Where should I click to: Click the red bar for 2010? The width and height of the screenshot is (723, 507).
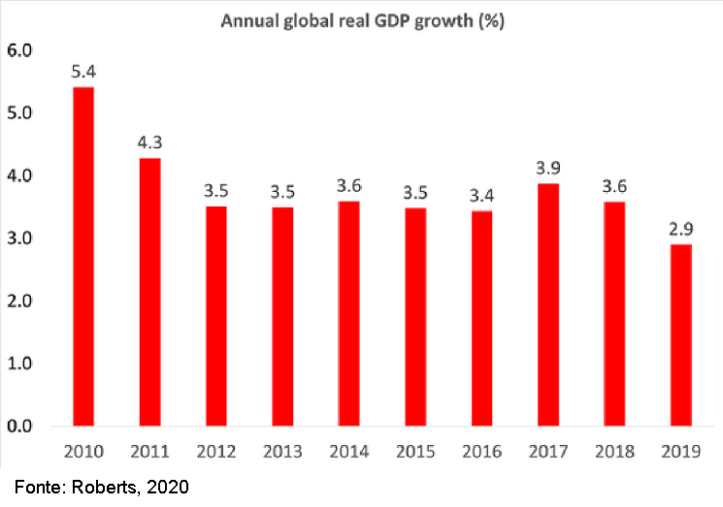pos(83,256)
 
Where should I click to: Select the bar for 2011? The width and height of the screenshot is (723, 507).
pos(149,291)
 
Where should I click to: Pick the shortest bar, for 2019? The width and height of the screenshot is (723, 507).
pos(681,334)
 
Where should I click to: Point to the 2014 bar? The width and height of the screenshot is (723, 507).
pos(349,313)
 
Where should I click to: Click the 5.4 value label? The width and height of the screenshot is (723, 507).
pos(83,72)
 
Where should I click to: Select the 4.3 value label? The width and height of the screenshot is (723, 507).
pos(149,143)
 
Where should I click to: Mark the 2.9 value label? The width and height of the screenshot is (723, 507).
pos(681,229)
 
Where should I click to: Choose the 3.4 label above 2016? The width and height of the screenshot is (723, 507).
pos(482,197)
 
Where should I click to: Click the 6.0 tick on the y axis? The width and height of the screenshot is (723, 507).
pos(20,50)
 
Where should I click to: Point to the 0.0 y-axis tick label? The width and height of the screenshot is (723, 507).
pos(20,427)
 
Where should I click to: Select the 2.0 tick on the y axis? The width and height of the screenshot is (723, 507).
pos(20,301)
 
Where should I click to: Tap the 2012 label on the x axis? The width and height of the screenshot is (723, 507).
pos(216,452)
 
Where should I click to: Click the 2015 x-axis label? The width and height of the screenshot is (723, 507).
pos(415,452)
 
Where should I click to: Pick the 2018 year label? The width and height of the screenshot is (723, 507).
pos(615,452)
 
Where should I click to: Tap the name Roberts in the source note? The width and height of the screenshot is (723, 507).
pos(104,488)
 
